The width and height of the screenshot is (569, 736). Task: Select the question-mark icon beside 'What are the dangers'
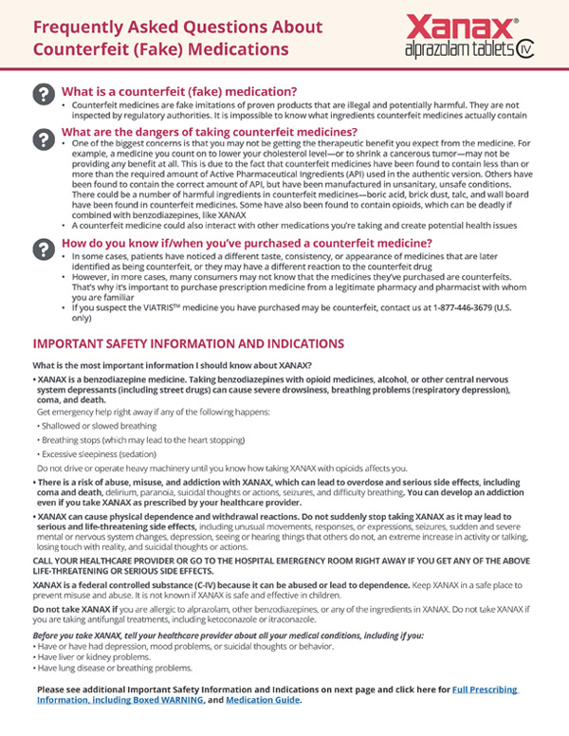pyautogui.click(x=43, y=138)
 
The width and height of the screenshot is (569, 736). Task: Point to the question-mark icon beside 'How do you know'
pyautogui.click(x=43, y=248)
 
